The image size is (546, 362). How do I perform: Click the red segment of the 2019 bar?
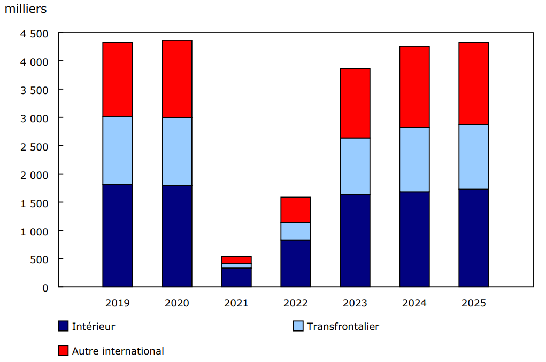[118, 79]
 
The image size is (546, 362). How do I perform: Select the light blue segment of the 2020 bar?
[177, 151]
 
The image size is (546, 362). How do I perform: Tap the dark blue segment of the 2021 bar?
[236, 277]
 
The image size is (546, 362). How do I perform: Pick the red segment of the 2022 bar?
[296, 209]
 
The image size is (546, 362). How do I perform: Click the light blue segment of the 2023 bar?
[355, 166]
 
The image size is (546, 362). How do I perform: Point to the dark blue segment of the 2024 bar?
[414, 239]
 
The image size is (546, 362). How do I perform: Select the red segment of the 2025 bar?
[474, 83]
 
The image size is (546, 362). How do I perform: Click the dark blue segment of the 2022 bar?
[296, 263]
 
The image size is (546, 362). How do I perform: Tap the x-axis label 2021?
[236, 303]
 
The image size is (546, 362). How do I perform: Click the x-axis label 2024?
[414, 303]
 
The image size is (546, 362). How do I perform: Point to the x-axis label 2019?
[118, 303]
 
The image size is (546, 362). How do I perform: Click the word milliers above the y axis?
[26, 9]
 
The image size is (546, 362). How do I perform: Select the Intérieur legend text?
[93, 326]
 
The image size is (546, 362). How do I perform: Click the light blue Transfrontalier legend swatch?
[298, 326]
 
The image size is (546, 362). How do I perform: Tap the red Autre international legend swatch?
[63, 351]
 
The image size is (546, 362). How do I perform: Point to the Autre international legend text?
[118, 351]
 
